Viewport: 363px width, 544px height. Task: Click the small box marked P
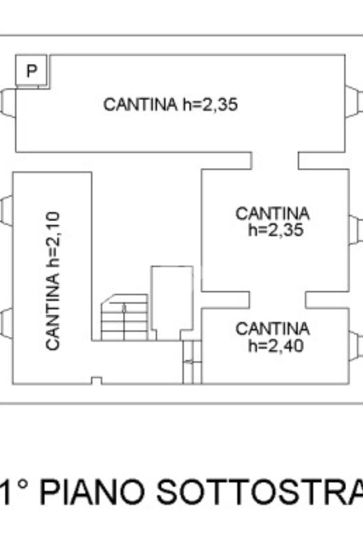click(32, 70)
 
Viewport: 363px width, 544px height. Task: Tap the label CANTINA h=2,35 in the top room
click(170, 105)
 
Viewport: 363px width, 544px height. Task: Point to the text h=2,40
click(276, 346)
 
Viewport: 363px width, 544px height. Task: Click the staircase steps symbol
click(124, 317)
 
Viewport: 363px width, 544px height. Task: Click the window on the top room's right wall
click(352, 101)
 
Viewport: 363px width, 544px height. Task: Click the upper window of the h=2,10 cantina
click(6, 211)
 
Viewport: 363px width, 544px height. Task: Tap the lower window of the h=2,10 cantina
click(6, 323)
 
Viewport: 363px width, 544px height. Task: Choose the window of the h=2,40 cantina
click(354, 345)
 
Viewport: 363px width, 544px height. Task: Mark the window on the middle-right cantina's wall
click(354, 230)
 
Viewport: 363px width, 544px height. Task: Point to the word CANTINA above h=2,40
click(273, 329)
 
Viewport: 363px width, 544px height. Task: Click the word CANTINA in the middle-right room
click(272, 214)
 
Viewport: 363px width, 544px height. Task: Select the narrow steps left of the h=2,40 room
click(192, 362)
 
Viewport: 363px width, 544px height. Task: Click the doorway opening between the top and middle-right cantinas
click(275, 160)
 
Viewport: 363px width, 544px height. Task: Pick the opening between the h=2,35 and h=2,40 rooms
click(277, 299)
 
